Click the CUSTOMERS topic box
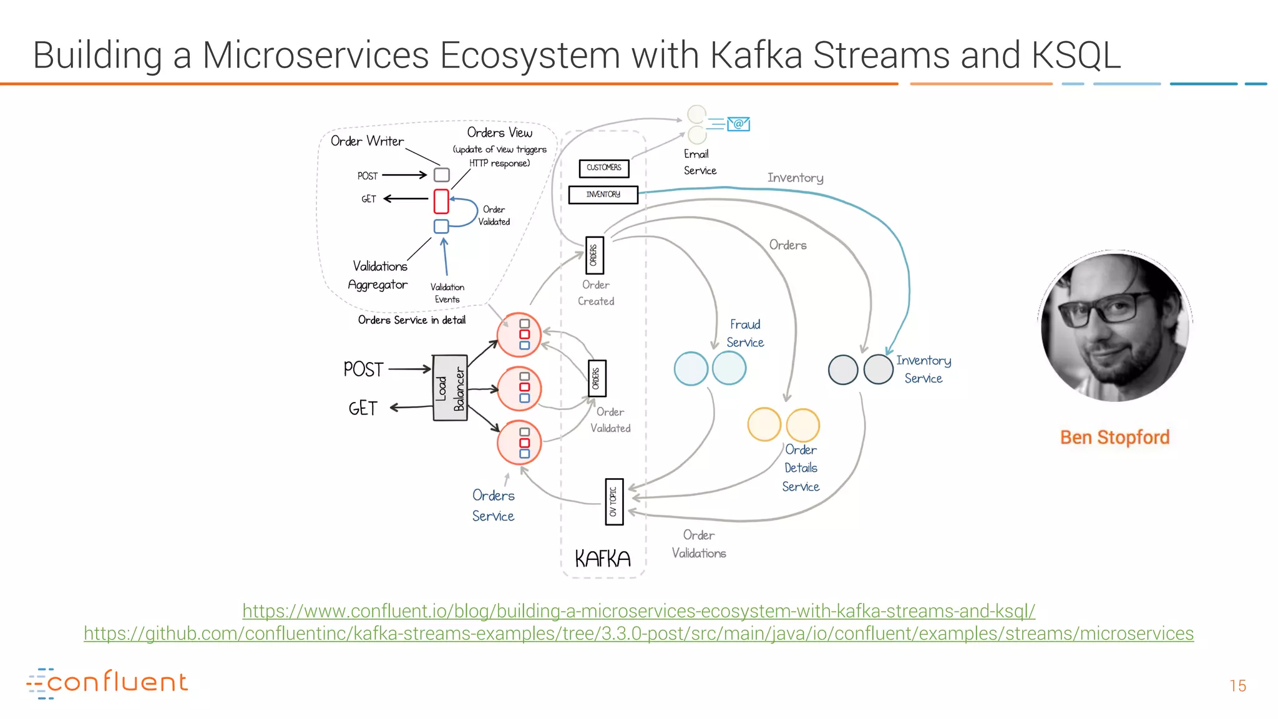point(603,168)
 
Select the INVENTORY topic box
point(603,195)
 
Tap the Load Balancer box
point(450,388)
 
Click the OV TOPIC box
point(614,501)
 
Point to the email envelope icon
point(738,124)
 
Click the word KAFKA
point(602,559)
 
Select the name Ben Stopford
point(1115,438)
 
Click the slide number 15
point(1237,686)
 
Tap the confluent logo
point(107,683)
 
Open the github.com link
point(638,633)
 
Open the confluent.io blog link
point(638,611)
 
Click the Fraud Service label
point(745,333)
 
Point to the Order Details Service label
point(801,467)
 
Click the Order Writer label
point(367,141)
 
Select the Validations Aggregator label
point(378,275)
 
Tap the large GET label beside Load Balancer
point(363,408)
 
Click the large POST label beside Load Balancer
point(363,369)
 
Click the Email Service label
point(699,162)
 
